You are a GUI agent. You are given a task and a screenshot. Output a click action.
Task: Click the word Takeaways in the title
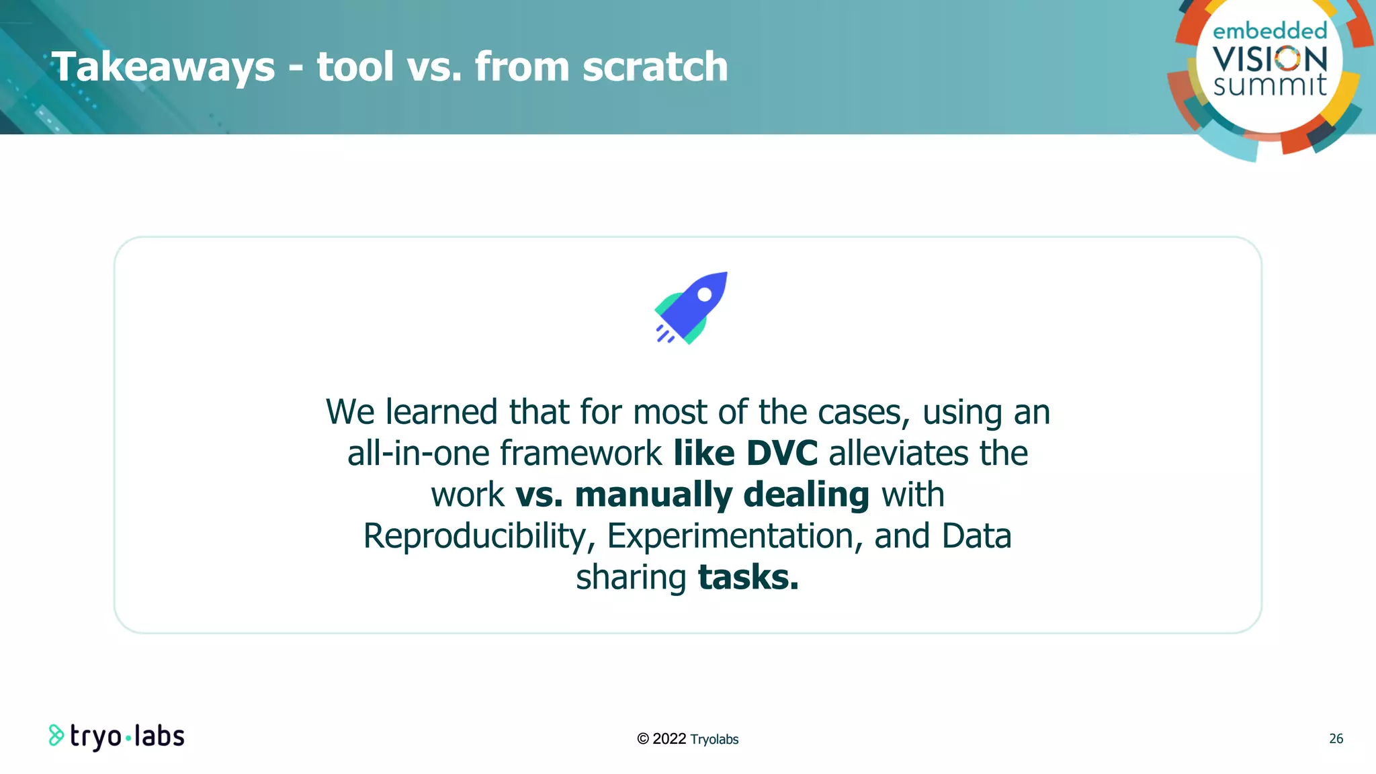tap(163, 67)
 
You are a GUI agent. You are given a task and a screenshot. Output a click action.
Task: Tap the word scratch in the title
tap(655, 67)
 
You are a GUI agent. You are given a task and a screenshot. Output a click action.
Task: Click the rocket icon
tap(691, 308)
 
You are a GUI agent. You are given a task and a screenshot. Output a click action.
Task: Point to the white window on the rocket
tap(705, 294)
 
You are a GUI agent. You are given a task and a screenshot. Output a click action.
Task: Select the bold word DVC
tap(782, 454)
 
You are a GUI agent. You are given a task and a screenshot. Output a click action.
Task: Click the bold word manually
tap(653, 495)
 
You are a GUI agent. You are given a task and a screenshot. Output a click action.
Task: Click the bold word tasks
tap(748, 578)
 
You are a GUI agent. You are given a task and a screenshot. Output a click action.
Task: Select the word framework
tap(581, 454)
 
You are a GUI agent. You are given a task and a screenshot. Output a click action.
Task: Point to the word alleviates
tap(898, 454)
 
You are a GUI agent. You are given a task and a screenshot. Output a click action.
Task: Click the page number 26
tap(1336, 738)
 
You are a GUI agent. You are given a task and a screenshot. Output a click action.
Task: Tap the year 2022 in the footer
tap(669, 739)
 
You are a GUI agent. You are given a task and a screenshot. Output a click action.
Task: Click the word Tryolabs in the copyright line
tap(714, 739)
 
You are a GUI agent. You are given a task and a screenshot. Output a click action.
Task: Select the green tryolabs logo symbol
tap(56, 736)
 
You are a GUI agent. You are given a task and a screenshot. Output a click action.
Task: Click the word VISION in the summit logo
tap(1270, 59)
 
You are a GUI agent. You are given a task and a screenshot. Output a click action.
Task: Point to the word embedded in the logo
tap(1270, 31)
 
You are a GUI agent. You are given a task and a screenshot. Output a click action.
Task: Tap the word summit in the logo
tap(1270, 85)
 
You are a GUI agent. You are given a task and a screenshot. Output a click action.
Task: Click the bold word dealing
tap(806, 495)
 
